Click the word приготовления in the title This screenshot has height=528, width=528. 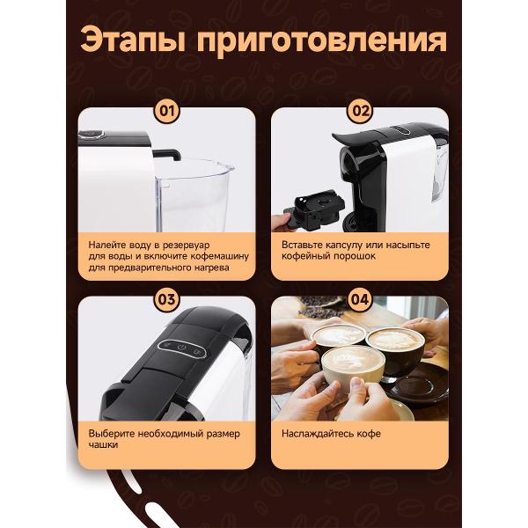pos(322,41)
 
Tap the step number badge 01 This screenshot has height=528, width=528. pos(166,111)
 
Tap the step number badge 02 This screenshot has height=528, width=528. pos(360,111)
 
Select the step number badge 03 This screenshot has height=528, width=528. pos(166,299)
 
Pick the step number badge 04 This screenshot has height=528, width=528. pos(360,299)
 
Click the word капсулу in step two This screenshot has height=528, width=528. pos(345,245)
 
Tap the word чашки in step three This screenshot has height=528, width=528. pos(103,444)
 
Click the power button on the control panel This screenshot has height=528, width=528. pos(182,348)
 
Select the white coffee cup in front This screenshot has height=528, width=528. pos(353,365)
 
